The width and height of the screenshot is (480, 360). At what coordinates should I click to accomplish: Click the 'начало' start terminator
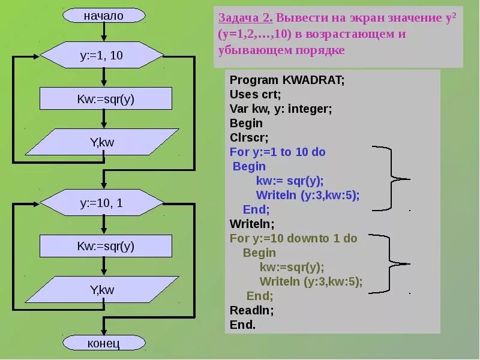click(x=103, y=16)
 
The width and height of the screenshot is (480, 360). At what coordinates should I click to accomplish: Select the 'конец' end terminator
click(x=103, y=343)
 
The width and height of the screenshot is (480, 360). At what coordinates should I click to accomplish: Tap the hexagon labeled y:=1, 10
click(x=101, y=56)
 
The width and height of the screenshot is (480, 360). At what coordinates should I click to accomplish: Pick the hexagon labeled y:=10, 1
click(x=101, y=203)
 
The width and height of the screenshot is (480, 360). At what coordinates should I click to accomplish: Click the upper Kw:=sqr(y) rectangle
click(x=106, y=99)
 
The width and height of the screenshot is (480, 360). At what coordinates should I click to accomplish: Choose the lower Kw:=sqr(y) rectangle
click(x=106, y=246)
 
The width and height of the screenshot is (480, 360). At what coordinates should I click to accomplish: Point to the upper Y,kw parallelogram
click(x=102, y=142)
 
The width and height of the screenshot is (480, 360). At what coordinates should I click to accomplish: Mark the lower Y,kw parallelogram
click(x=102, y=290)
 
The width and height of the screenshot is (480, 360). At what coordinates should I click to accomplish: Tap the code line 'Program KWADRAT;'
click(x=287, y=80)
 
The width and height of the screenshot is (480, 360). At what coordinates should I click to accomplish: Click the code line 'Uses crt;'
click(x=255, y=94)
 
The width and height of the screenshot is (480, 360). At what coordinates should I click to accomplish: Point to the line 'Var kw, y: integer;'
click(x=281, y=109)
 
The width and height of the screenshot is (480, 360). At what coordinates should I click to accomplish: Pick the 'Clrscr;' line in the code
click(x=249, y=137)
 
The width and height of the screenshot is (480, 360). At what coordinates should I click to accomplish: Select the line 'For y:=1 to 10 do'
click(x=277, y=152)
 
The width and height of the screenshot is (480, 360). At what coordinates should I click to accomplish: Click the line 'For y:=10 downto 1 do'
click(x=293, y=238)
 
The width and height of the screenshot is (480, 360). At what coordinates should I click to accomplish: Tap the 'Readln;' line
click(x=251, y=311)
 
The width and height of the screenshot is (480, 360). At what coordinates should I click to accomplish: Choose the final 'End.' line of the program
click(x=242, y=325)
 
